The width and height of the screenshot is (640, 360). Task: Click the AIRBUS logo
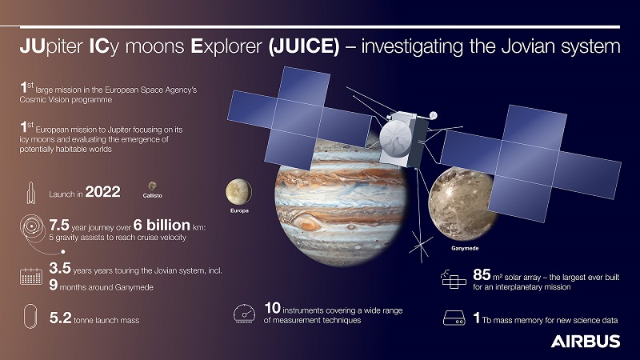pyautogui.click(x=586, y=342)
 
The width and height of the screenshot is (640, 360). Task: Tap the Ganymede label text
pyautogui.click(x=465, y=248)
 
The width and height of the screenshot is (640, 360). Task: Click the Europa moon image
pyautogui.click(x=238, y=191)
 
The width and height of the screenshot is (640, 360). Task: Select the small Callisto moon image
pyautogui.click(x=152, y=186)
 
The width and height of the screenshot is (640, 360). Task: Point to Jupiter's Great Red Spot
pyautogui.click(x=307, y=224)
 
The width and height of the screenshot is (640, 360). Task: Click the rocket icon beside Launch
pyautogui.click(x=31, y=193)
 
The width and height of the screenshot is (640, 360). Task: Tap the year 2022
pyautogui.click(x=102, y=192)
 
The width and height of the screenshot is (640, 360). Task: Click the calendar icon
pyautogui.click(x=31, y=276)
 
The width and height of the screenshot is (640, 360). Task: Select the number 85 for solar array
pyautogui.click(x=482, y=274)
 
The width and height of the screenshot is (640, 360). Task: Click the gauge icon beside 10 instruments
pyautogui.click(x=244, y=314)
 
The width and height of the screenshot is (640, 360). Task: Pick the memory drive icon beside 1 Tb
pyautogui.click(x=454, y=318)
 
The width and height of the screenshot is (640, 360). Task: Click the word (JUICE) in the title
pyautogui.click(x=304, y=46)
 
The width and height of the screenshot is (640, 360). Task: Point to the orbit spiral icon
pyautogui.click(x=33, y=226)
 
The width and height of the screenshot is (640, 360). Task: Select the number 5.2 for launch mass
pyautogui.click(x=61, y=318)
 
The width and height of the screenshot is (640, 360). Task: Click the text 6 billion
pyautogui.click(x=162, y=225)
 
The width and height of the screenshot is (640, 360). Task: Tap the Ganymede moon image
pyautogui.click(x=462, y=204)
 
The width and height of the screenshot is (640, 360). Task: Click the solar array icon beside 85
pyautogui.click(x=454, y=279)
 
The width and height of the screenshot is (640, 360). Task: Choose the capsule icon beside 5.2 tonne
pyautogui.click(x=30, y=316)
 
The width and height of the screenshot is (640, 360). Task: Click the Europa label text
pyautogui.click(x=239, y=210)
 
